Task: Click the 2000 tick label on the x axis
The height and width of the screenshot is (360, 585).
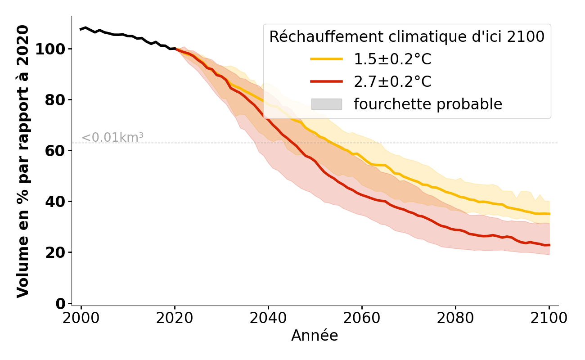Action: (81, 319)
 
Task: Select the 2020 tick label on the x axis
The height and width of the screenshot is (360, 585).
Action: (175, 319)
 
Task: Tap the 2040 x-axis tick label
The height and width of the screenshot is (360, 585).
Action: (268, 319)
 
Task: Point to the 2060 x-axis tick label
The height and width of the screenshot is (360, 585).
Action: (362, 319)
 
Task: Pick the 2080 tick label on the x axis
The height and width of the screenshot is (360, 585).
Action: (455, 319)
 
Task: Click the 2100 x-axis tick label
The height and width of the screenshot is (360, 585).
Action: (549, 319)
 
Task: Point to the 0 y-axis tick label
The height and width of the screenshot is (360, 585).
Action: (60, 303)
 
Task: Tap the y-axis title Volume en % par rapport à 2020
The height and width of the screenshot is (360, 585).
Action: (23, 161)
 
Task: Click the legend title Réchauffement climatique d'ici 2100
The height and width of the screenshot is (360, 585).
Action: (407, 37)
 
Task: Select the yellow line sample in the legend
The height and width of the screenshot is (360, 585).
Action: (326, 59)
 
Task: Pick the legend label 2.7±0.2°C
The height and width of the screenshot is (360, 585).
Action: (392, 82)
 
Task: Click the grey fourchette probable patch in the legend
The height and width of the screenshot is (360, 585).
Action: (326, 104)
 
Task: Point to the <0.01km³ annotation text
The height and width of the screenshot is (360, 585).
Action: (112, 138)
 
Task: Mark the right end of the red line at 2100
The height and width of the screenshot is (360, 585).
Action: (549, 245)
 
